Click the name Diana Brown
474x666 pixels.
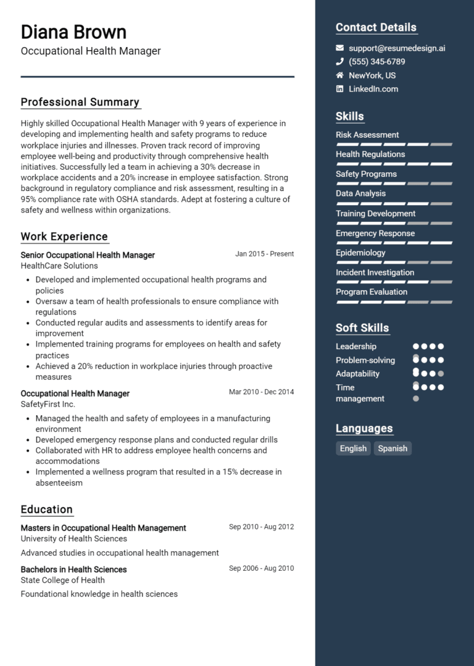[x=73, y=32]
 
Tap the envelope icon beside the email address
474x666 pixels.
[x=339, y=48]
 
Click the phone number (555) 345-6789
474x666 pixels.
[x=376, y=62]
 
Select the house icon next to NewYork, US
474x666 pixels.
[x=339, y=75]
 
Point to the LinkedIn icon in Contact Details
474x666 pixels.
[x=339, y=89]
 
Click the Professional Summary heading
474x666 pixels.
[x=80, y=103]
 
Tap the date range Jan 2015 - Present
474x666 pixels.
[x=264, y=254]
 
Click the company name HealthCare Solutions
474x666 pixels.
[x=59, y=266]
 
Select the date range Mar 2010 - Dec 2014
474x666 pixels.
[x=261, y=392]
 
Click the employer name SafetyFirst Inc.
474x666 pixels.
[x=48, y=404]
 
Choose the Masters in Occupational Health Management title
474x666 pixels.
[x=103, y=528]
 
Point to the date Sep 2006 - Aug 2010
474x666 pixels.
[x=261, y=568]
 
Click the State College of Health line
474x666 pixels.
[x=62, y=580]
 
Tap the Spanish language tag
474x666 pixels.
[x=393, y=449]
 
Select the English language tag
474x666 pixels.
[x=353, y=449]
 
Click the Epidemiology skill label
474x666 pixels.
[x=360, y=253]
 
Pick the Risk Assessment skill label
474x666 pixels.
[x=367, y=135]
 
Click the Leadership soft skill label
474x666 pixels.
[x=356, y=347]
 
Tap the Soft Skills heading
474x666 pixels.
[x=362, y=328]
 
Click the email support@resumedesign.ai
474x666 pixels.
[x=397, y=48]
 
